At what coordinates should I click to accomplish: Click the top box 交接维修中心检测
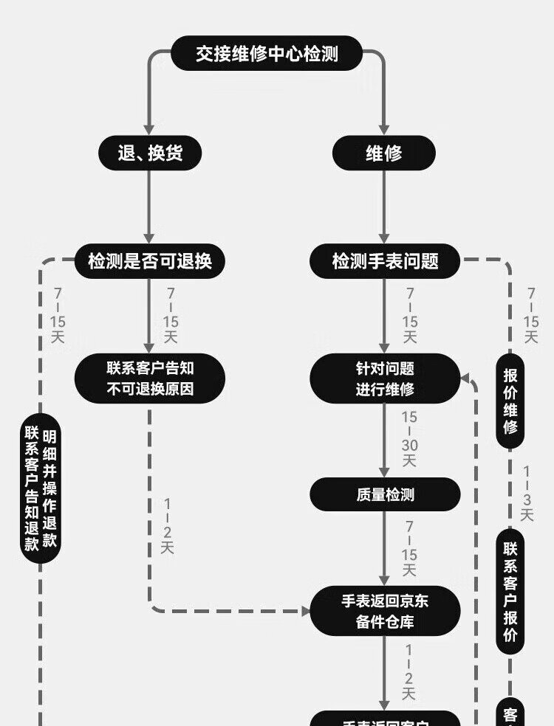[x=267, y=54]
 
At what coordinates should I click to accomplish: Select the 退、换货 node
[x=150, y=153]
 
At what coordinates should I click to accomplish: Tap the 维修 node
[x=383, y=153]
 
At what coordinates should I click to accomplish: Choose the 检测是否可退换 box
[x=150, y=261]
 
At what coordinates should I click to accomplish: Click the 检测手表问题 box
[x=385, y=261]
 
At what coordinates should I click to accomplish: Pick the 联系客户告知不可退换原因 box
[x=150, y=378]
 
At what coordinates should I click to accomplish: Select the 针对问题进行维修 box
[x=385, y=378]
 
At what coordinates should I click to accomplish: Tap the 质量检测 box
[x=385, y=495]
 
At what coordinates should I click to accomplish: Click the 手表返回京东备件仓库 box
[x=385, y=612]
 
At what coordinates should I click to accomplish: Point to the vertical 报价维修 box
[x=510, y=402]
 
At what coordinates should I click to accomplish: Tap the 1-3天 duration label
[x=527, y=494]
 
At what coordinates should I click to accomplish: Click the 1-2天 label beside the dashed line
[x=168, y=527]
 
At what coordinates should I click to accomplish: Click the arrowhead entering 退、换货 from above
[x=150, y=130]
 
